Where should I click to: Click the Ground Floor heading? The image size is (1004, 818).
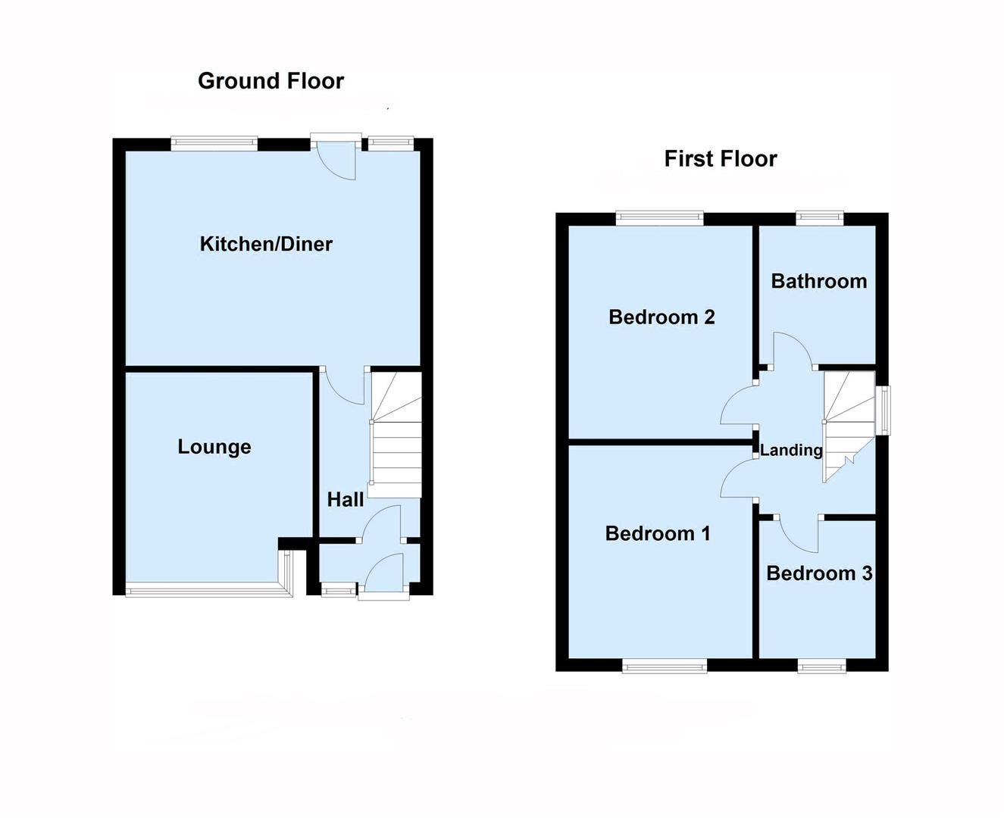271,81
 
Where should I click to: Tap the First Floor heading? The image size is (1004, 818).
720,159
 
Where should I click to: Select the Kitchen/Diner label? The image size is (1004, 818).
266,244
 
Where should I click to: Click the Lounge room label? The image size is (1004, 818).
214,447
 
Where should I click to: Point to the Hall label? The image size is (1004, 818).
346,500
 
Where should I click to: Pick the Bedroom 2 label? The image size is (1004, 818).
662,317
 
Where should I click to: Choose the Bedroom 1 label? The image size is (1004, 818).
658,533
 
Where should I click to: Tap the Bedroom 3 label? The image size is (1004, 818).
819,573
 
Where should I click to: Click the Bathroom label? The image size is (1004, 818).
818,281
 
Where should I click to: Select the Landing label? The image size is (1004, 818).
791,451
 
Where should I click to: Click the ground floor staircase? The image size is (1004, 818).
395,436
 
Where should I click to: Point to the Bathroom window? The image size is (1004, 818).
820,218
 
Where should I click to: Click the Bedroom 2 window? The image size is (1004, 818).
659,218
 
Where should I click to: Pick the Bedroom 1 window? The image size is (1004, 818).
665,667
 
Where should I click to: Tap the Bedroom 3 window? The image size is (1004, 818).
821,667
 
